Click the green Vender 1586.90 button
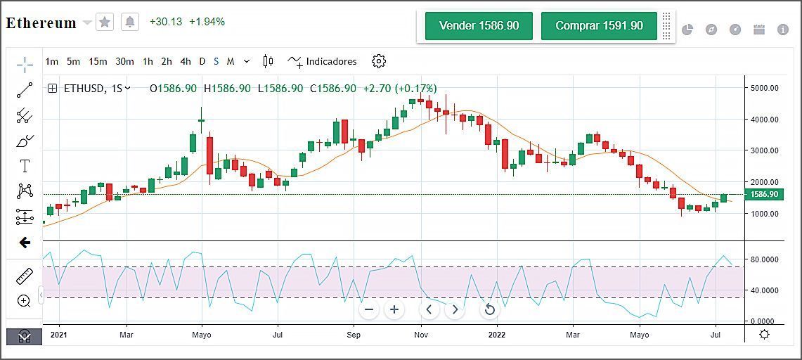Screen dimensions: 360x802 click(x=479, y=26)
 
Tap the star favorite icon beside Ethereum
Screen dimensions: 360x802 click(x=105, y=22)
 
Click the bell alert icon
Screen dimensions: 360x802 click(x=129, y=22)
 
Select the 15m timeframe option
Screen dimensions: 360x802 click(x=98, y=62)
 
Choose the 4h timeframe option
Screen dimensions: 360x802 click(x=185, y=62)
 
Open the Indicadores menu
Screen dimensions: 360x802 click(x=323, y=62)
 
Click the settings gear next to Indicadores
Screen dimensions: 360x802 click(x=379, y=62)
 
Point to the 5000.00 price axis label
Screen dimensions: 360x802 click(x=763, y=89)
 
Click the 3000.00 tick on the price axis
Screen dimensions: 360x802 click(x=763, y=150)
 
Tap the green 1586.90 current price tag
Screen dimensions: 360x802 click(x=763, y=195)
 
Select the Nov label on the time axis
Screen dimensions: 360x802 click(x=421, y=335)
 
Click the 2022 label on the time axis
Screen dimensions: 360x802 click(x=497, y=335)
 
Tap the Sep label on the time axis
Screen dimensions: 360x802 click(x=354, y=335)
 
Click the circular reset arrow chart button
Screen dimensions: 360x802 click(x=490, y=309)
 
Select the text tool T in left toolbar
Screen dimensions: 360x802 click(x=25, y=166)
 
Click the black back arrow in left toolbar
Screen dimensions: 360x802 click(x=25, y=243)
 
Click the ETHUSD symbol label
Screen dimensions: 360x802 click(x=83, y=89)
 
